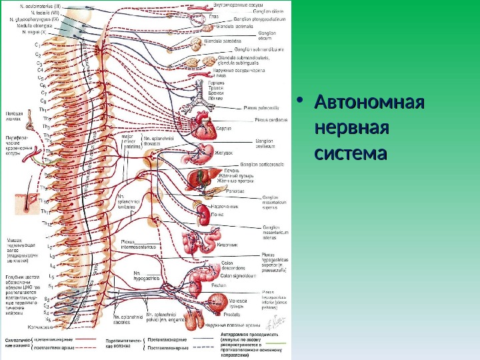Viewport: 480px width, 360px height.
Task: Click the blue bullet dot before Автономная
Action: [299, 103]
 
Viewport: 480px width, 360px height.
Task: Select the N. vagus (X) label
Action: [34, 31]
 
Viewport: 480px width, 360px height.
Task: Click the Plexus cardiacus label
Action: [271, 120]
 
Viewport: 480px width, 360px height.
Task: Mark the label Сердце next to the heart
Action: [225, 127]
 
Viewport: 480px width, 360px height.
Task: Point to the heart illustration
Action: [201, 124]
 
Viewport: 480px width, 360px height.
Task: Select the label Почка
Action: [217, 215]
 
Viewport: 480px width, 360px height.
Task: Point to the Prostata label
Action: [214, 313]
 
